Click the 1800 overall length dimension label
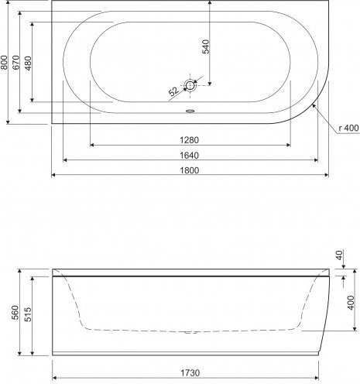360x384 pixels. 190,170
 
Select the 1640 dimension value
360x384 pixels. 190,156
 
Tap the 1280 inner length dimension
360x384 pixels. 190,140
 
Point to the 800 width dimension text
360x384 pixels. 4,62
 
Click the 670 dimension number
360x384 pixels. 15,62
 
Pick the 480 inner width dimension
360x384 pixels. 28,63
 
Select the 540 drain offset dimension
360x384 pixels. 206,46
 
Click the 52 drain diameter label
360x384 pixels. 173,91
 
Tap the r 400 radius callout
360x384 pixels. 348,128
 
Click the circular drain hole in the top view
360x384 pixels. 190,85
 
